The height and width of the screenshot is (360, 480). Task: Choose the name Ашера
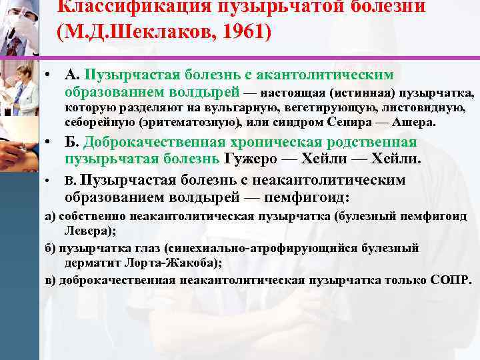point(414,122)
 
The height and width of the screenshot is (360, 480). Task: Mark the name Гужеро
point(256,159)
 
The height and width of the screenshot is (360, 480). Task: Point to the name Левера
point(93,231)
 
